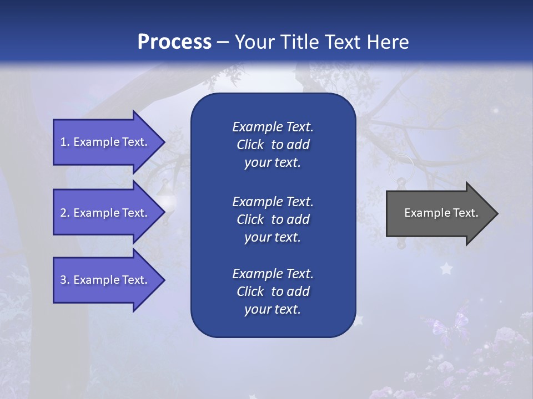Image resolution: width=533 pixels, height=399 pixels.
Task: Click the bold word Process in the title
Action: pyautogui.click(x=174, y=42)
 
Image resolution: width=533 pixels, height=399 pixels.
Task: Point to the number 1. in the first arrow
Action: pyautogui.click(x=65, y=142)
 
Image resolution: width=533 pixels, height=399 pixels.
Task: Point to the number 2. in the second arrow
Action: pyautogui.click(x=65, y=213)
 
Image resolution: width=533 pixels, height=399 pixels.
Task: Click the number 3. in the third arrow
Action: pyautogui.click(x=65, y=280)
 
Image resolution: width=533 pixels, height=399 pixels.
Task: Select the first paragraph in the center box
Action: pyautogui.click(x=273, y=145)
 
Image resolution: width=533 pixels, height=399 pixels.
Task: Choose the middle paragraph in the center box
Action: pyautogui.click(x=273, y=219)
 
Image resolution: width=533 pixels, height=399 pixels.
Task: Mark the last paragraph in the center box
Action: pyautogui.click(x=273, y=291)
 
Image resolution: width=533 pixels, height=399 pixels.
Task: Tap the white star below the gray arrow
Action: pyautogui.click(x=446, y=269)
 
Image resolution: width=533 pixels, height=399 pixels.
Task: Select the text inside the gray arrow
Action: pyautogui.click(x=441, y=213)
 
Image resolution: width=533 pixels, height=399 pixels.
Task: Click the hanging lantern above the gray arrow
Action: pyautogui.click(x=401, y=183)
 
